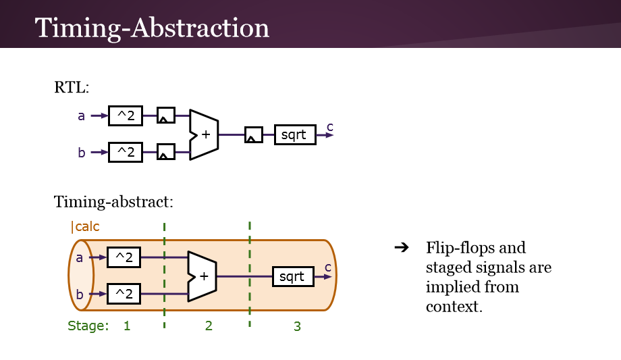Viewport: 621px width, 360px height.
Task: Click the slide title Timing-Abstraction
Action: coord(152,28)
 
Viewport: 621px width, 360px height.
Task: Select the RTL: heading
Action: coord(72,87)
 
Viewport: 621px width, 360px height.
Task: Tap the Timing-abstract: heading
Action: coord(113,201)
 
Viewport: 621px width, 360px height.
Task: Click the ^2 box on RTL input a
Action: coord(126,116)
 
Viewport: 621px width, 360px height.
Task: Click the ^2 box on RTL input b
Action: coord(126,152)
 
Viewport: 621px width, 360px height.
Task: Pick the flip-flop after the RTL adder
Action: coord(253,135)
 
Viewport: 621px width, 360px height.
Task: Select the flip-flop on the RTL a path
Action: coord(165,116)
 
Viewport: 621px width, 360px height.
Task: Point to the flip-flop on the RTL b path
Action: coord(165,152)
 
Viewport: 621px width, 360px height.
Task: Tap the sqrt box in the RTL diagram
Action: coord(294,135)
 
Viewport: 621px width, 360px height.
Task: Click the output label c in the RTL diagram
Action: coord(330,126)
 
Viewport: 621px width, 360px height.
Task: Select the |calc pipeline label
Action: coord(85,227)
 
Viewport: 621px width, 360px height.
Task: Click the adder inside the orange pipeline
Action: coord(202,276)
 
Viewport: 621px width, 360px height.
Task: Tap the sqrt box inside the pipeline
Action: coord(293,276)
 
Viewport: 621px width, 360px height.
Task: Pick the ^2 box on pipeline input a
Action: coord(124,257)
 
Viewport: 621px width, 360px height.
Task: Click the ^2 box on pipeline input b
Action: coord(124,294)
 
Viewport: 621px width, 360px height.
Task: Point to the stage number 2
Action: coord(209,326)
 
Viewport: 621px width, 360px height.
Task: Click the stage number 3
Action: coord(297,326)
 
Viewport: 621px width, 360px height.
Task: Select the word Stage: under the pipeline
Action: coord(88,326)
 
